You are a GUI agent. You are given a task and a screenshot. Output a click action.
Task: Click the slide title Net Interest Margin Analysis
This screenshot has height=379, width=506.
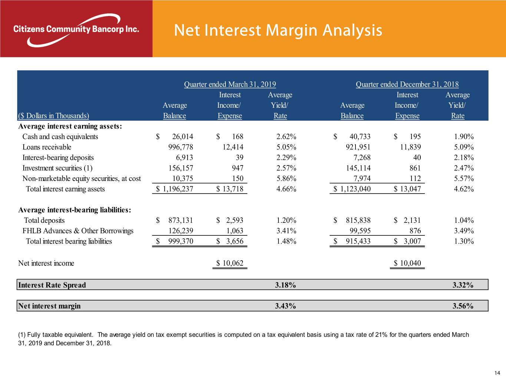pos(278,30)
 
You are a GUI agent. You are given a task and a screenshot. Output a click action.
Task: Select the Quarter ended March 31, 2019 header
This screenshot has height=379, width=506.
pos(230,84)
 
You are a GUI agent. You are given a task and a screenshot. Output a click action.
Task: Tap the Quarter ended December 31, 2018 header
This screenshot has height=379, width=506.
pos(407,84)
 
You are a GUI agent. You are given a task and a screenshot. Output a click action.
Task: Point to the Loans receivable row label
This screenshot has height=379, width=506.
pos(47,147)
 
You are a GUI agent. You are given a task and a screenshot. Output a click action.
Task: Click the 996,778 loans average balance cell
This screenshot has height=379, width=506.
pos(181,147)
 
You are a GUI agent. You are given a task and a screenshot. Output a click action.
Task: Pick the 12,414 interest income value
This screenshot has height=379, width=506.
pos(233,147)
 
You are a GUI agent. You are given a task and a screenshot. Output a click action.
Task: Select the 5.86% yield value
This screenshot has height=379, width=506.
pos(286,178)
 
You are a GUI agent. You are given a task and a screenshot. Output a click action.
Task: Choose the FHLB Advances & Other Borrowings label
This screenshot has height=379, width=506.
pos(78,231)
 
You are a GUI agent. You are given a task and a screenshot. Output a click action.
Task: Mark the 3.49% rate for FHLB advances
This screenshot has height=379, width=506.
pos(464,231)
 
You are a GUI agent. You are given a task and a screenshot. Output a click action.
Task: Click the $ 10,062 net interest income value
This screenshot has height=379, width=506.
pos(230,263)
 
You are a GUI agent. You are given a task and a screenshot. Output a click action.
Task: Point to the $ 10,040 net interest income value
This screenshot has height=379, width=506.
pos(407,263)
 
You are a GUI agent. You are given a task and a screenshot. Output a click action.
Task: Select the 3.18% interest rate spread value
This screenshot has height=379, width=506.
pos(285,285)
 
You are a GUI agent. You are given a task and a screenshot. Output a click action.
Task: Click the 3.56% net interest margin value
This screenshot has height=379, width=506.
pos(463,306)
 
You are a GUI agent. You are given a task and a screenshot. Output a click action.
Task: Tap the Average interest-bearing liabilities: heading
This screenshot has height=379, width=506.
pos(75,210)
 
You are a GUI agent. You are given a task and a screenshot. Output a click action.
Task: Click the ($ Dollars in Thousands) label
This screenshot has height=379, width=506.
pos(54,116)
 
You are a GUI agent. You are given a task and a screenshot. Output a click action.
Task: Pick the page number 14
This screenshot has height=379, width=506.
pos(497,373)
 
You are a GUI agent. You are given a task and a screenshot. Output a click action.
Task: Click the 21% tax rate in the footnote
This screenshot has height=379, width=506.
pos(381,335)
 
